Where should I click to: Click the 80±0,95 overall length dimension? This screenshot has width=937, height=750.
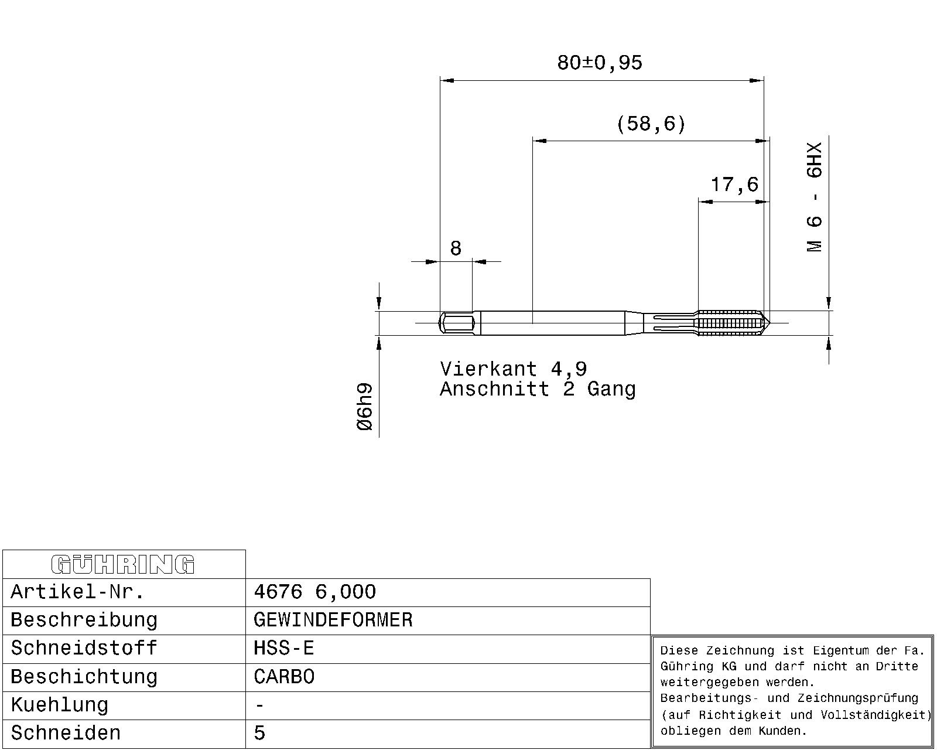coord(600,63)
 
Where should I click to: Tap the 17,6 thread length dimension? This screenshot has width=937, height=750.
coord(734,185)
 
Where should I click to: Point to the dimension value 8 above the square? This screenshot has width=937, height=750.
coord(456,248)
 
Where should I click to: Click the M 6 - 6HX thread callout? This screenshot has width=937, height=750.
coord(814,196)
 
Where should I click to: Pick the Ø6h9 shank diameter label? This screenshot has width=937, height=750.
coord(365,407)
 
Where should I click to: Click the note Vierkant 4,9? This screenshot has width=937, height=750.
coord(514,369)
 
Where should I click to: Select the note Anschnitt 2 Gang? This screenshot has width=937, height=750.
coord(538,388)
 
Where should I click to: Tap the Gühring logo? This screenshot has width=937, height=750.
coord(123,564)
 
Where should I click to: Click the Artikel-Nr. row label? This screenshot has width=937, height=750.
coord(77,592)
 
